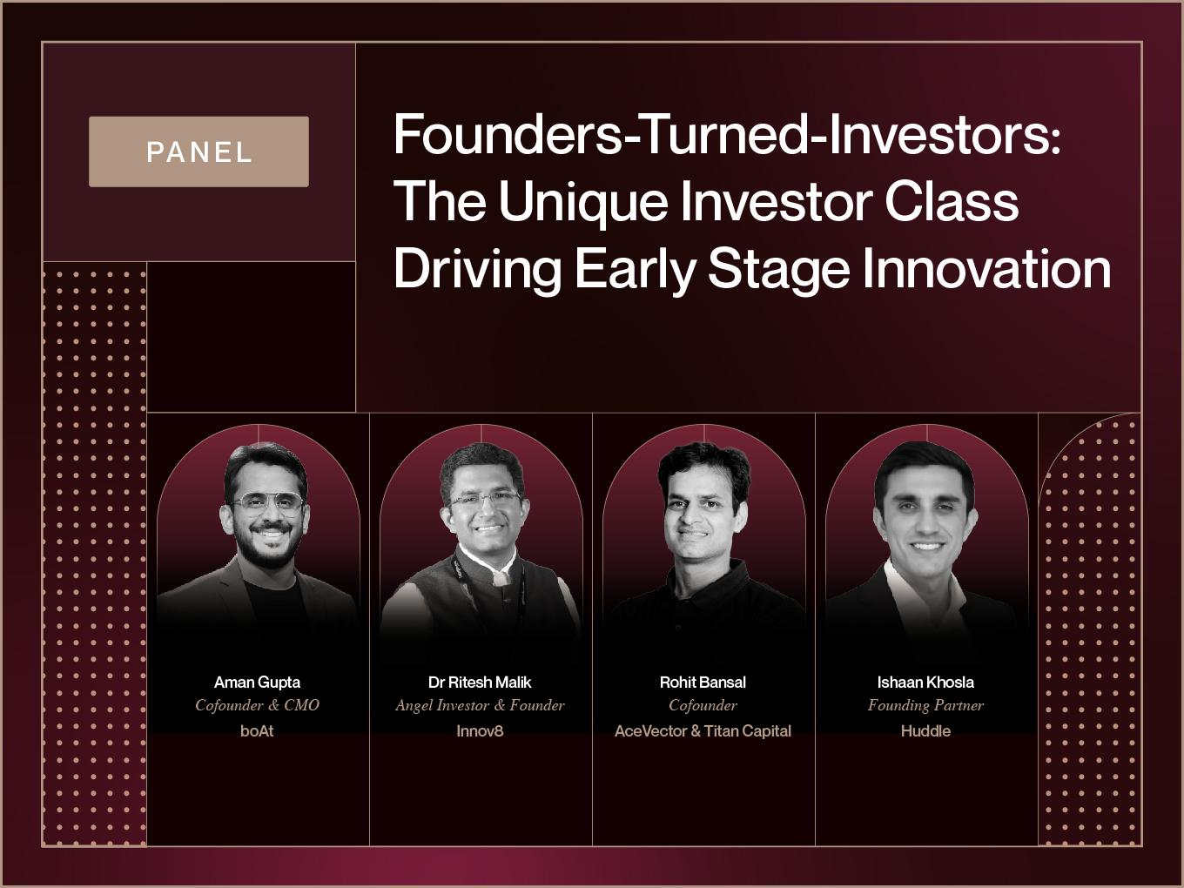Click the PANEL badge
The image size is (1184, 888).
click(x=198, y=151)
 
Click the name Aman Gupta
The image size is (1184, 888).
click(x=258, y=682)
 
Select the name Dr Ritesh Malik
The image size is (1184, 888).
click(x=480, y=682)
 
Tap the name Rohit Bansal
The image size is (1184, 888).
click(x=703, y=682)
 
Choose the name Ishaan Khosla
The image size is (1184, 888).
click(x=925, y=682)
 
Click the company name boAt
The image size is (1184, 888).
click(x=257, y=731)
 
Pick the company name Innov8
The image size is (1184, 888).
click(x=480, y=731)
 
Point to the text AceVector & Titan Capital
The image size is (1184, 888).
click(x=703, y=731)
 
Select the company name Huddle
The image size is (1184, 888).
click(x=925, y=731)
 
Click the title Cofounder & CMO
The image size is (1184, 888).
click(x=258, y=705)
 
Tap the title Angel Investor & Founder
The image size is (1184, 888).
click(x=480, y=705)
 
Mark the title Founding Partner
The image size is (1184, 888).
click(x=925, y=705)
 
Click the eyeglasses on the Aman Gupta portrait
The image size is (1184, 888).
click(x=267, y=503)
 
